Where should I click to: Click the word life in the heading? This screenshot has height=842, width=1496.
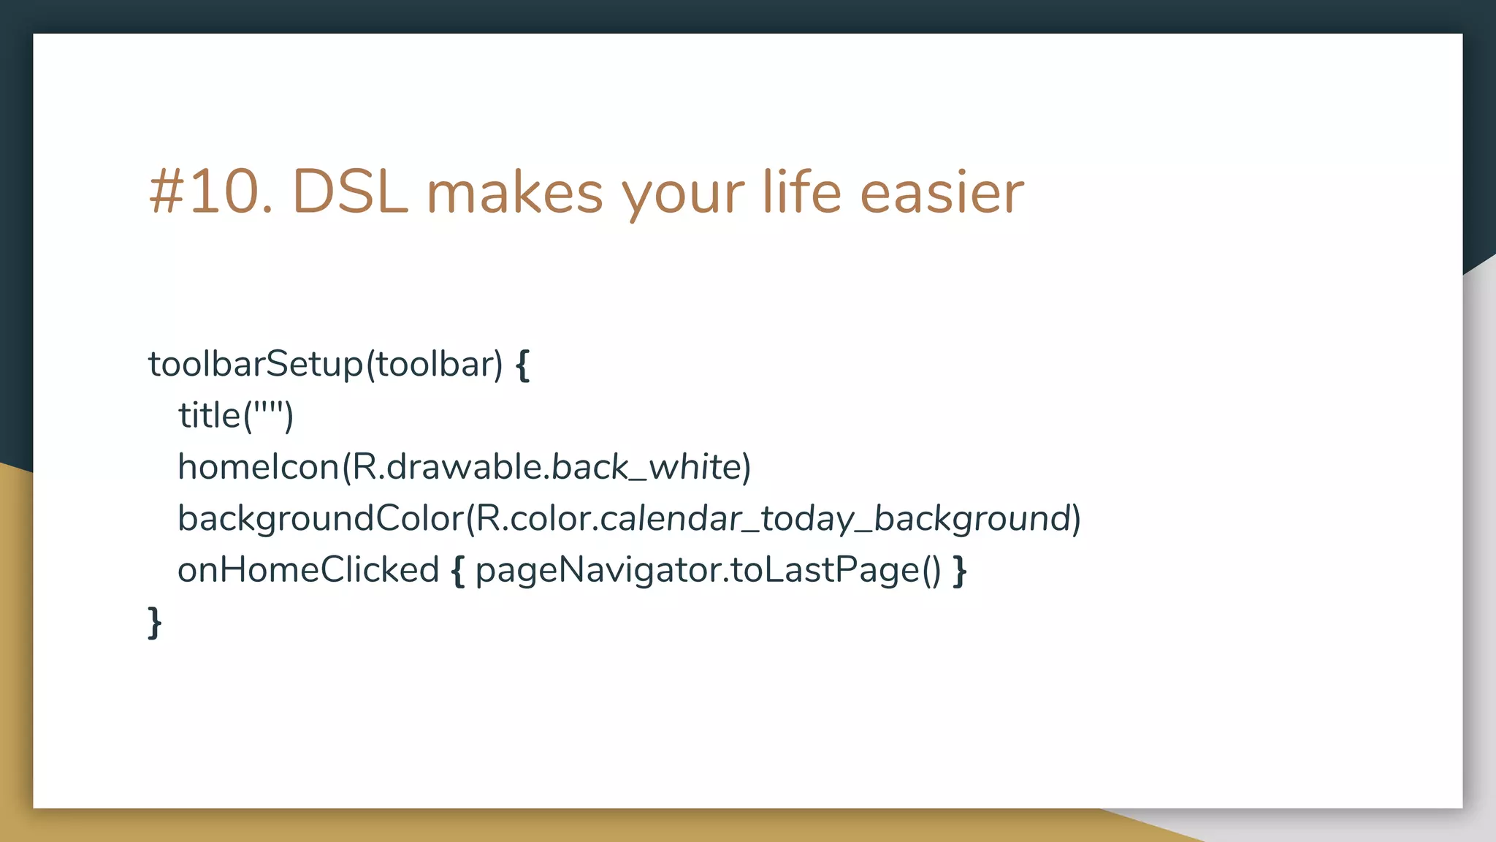pos(802,192)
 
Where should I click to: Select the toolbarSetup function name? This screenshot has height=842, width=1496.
pos(255,364)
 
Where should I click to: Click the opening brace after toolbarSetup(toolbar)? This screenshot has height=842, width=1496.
pos(522,365)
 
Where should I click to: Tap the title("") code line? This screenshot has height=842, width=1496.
pos(235,415)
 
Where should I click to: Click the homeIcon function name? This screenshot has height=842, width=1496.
pos(259,467)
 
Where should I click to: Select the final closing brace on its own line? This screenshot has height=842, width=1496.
pos(154,623)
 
